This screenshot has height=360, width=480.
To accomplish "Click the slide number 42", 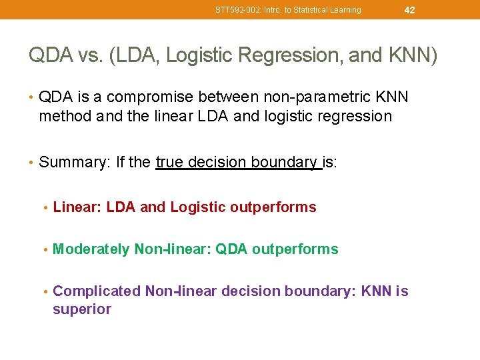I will pyautogui.click(x=409, y=9).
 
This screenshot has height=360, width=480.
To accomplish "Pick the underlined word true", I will pyautogui.click(x=169, y=162).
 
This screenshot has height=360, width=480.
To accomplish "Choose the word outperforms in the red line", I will pyautogui.click(x=273, y=207).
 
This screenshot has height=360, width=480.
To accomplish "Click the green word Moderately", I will pyautogui.click(x=91, y=249).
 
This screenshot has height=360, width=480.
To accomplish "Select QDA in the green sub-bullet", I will pyautogui.click(x=232, y=249).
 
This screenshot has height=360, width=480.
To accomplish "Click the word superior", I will pyautogui.click(x=81, y=309).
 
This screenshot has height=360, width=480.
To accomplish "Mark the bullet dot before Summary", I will pyautogui.click(x=32, y=162).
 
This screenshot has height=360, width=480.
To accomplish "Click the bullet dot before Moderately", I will pyautogui.click(x=45, y=249).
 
